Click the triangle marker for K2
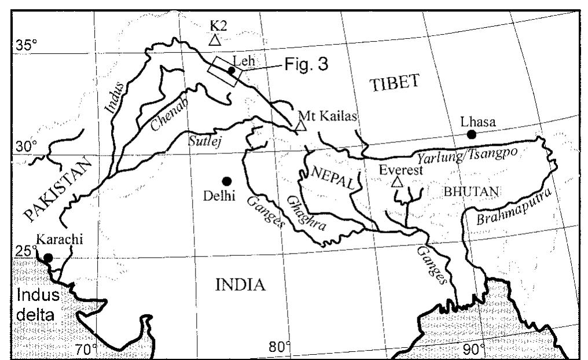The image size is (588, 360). [x=215, y=40]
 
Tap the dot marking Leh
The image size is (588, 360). [x=231, y=71]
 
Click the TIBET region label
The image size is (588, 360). [x=394, y=83]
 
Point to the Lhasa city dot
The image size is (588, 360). [x=472, y=134]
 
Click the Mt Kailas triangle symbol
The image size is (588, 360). [x=300, y=126]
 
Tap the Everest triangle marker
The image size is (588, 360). [x=396, y=182]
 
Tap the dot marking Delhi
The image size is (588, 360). [x=226, y=181]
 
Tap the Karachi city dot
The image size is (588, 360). [x=48, y=258]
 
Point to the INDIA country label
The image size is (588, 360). [x=240, y=285]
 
